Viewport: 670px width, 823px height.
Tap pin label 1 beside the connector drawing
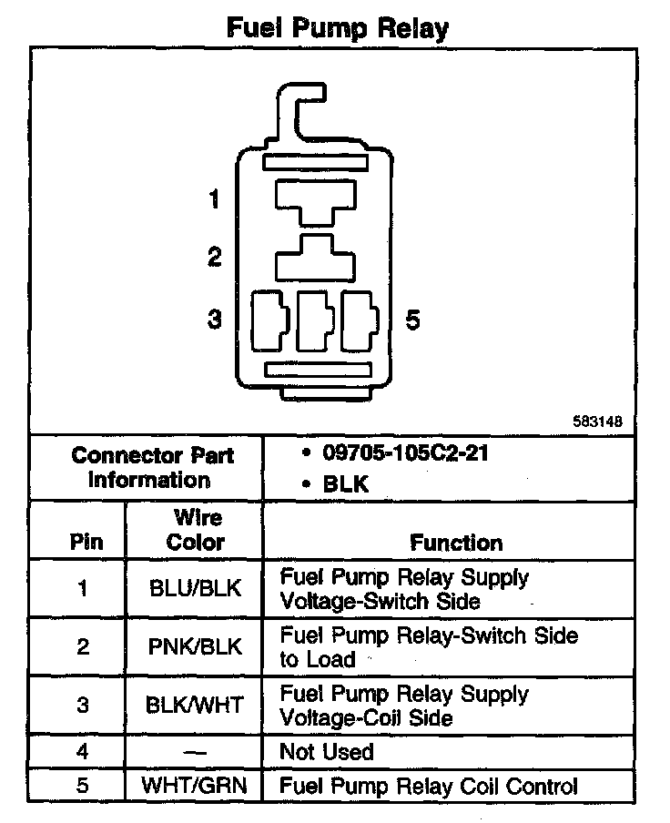pos(215,198)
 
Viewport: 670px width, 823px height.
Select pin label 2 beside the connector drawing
pos(215,258)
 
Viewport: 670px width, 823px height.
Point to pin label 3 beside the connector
pos(215,320)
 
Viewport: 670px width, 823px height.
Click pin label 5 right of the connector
pos(412,320)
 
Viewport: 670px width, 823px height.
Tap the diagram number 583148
pos(597,422)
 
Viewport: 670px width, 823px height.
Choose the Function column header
pos(456,543)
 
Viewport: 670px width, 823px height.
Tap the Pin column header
pos(86,543)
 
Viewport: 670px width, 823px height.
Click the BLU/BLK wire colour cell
pos(196,589)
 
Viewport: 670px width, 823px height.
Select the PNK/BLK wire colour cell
pos(196,646)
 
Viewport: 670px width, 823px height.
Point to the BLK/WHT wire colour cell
pos(196,706)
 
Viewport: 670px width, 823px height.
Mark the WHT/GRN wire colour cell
pos(196,786)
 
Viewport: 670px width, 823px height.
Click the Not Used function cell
pos(327,752)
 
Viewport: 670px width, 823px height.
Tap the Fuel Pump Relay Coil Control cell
pos(428,786)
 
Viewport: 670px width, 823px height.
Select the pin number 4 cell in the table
pos(83,752)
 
